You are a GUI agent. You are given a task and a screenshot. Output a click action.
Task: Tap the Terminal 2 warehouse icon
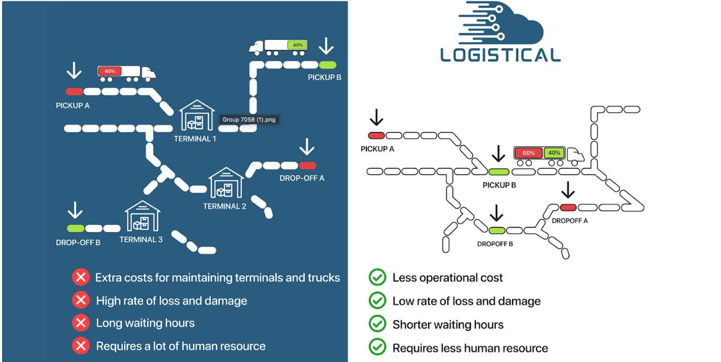click(x=225, y=182)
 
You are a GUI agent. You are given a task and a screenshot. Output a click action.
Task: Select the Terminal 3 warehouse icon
click(x=142, y=216)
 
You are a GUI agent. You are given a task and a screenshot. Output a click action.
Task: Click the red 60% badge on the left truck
click(x=109, y=71)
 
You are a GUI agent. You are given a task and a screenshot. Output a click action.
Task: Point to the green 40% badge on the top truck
click(x=296, y=45)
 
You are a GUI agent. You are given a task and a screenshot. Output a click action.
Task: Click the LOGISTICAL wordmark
click(x=500, y=55)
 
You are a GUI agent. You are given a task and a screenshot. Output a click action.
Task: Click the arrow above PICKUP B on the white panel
click(x=498, y=154)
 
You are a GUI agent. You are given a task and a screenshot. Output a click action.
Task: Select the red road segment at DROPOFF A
click(x=568, y=208)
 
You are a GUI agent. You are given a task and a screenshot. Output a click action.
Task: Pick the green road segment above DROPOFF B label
click(x=497, y=231)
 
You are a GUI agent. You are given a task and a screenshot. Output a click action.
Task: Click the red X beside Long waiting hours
click(x=80, y=323)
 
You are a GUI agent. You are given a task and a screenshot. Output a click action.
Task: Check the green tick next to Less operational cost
click(x=378, y=277)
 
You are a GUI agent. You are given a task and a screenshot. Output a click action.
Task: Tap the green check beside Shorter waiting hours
click(x=378, y=324)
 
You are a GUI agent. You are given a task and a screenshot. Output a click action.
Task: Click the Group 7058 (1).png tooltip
click(x=249, y=120)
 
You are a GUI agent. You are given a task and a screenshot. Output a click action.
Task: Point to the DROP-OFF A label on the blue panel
click(x=301, y=178)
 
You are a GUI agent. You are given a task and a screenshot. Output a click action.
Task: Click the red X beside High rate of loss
click(x=80, y=300)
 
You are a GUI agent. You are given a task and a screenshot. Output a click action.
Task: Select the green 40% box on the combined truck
click(x=554, y=153)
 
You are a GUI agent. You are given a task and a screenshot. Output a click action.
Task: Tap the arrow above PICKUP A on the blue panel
click(x=74, y=70)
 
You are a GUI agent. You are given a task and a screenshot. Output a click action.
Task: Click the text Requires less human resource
click(x=470, y=348)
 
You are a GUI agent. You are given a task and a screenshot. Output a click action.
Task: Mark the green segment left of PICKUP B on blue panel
click(x=327, y=64)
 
